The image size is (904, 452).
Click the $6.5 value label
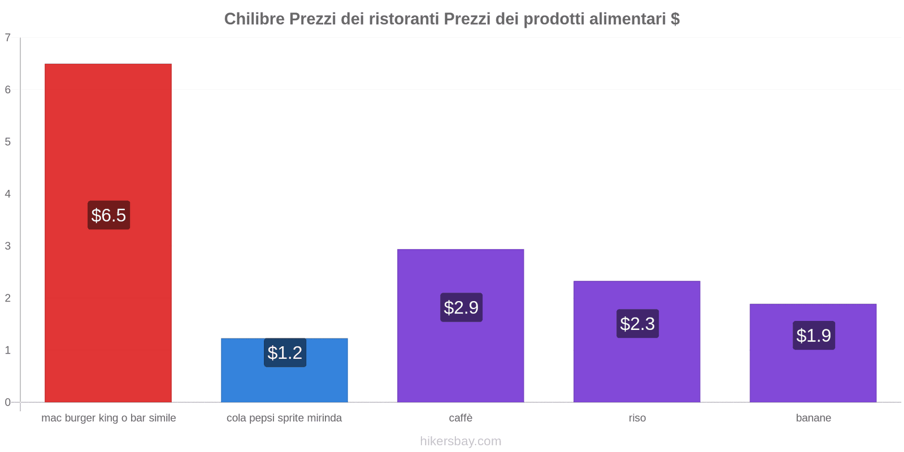(108, 215)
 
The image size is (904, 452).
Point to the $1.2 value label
(285, 353)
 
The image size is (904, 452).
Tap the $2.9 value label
(461, 307)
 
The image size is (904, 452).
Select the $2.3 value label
(637, 324)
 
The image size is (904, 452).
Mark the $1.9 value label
(814, 336)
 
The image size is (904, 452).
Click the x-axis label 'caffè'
(460, 418)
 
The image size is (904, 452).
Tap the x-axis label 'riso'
(637, 418)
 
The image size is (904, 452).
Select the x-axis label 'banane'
(813, 418)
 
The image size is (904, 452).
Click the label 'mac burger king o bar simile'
(108, 418)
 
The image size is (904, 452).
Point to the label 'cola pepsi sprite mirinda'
(284, 418)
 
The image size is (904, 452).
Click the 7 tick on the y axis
(8, 38)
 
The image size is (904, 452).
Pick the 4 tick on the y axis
(8, 194)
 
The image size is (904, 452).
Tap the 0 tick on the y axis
(8, 402)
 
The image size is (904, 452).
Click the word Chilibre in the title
(254, 19)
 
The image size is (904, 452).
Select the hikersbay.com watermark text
(460, 441)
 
